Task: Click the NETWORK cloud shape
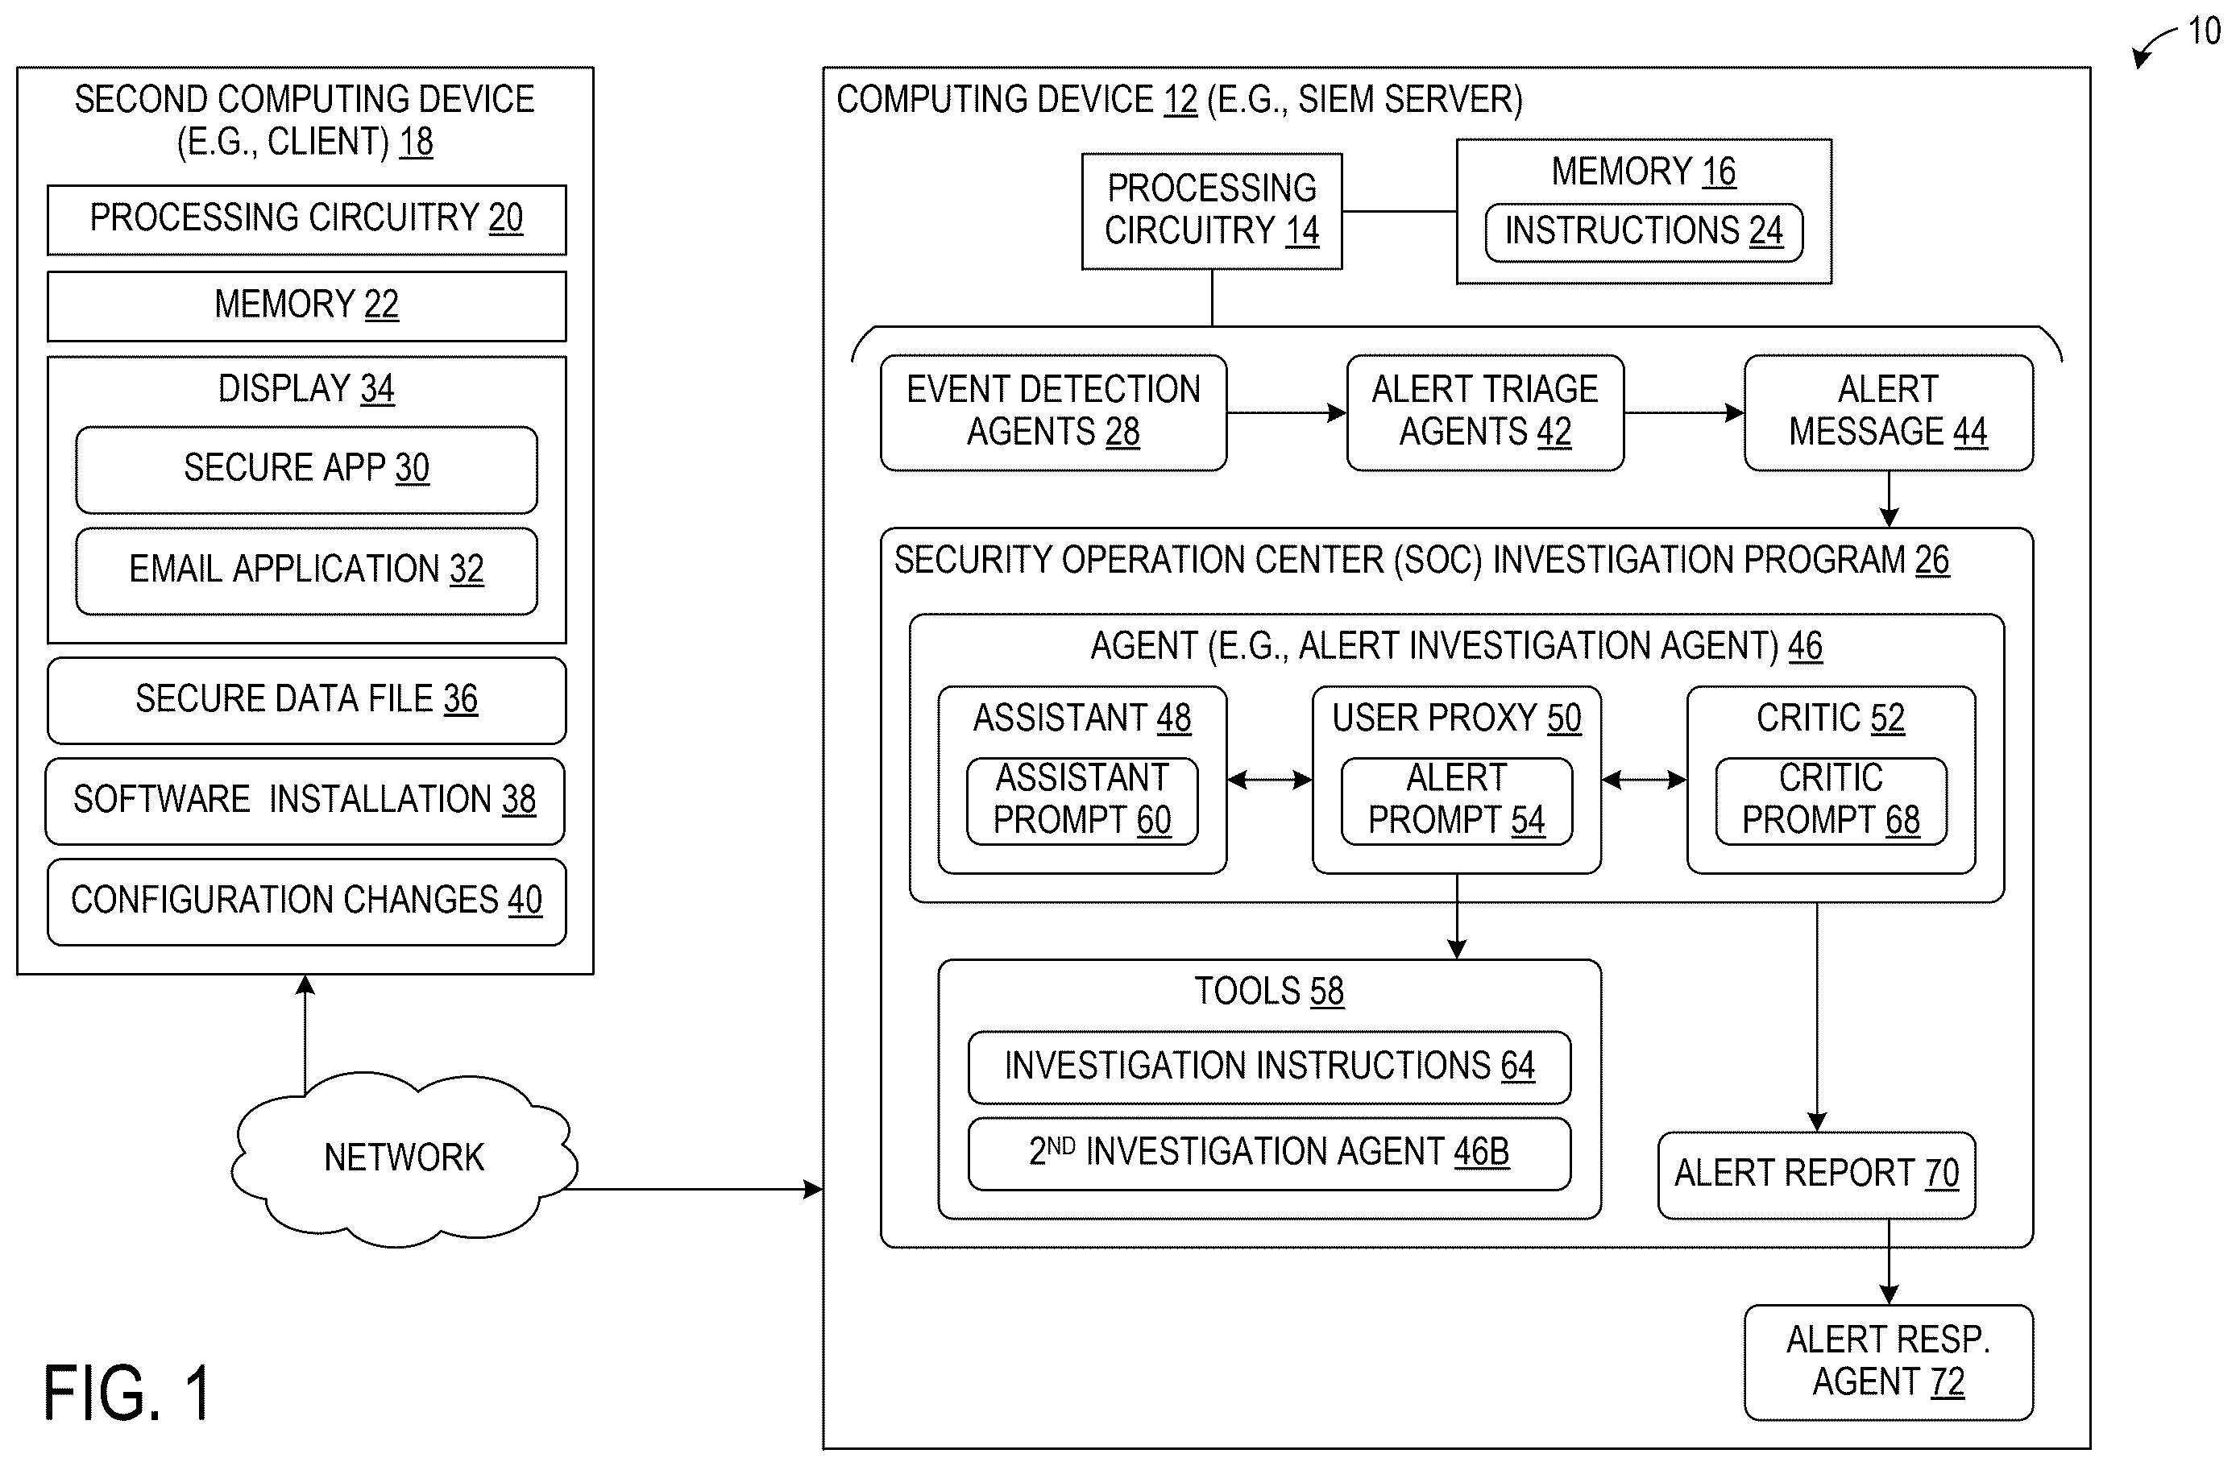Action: (404, 1159)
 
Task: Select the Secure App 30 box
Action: (306, 470)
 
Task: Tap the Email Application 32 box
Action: (306, 571)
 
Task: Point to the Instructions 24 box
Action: (1643, 232)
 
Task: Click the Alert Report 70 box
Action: (1816, 1175)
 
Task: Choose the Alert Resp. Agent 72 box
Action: (1889, 1362)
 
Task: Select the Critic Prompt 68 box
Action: (1831, 801)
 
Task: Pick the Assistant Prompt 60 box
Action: (1082, 801)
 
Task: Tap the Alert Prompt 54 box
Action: (1456, 801)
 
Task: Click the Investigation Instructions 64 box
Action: (1269, 1066)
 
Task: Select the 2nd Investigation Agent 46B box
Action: (1269, 1153)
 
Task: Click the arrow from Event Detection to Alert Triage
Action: (1286, 412)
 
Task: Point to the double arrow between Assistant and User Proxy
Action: (1269, 780)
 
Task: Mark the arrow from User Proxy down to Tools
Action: (1457, 917)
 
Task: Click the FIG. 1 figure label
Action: (128, 1393)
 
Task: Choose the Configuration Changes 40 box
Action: (306, 901)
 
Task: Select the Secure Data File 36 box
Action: (306, 701)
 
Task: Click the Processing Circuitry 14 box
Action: (1212, 211)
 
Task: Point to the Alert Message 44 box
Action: (1889, 412)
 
